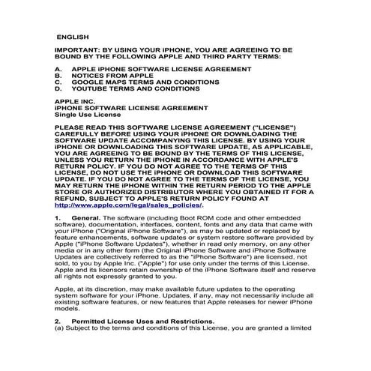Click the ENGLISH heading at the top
point(73,36)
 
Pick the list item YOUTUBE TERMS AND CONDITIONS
point(135,88)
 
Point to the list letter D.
point(58,88)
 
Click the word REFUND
point(75,199)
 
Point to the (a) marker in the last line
point(59,328)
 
